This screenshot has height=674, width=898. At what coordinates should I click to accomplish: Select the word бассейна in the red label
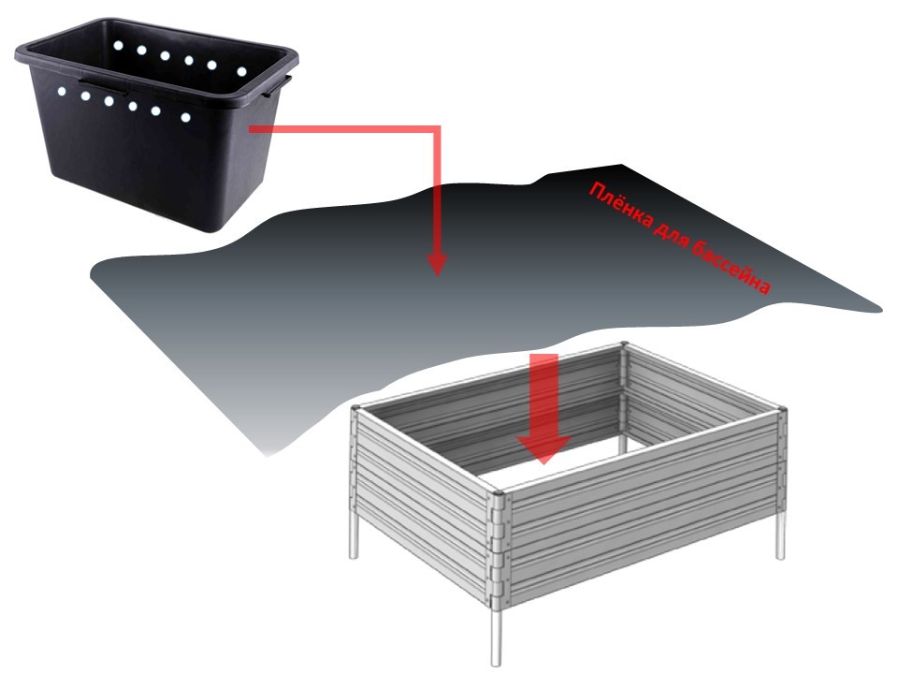[x=731, y=268]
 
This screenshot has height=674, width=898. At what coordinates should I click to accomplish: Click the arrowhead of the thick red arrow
[x=543, y=448]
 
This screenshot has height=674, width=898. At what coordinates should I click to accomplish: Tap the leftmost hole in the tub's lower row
[x=62, y=91]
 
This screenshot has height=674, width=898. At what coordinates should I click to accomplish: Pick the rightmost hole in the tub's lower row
[x=185, y=118]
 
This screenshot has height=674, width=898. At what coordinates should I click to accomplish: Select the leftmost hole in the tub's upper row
[x=118, y=45]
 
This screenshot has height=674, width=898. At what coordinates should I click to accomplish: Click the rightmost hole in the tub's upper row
[x=241, y=72]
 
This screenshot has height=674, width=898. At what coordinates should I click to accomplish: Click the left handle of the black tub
[x=104, y=85]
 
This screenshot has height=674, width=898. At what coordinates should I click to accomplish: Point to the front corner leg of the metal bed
[x=496, y=637]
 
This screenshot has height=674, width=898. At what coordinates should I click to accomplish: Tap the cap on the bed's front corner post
[x=497, y=492]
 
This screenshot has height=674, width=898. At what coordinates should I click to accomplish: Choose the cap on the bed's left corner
[x=355, y=408]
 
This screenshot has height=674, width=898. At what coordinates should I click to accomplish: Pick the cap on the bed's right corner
[x=782, y=409]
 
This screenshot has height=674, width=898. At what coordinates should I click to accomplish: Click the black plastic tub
[x=156, y=124]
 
